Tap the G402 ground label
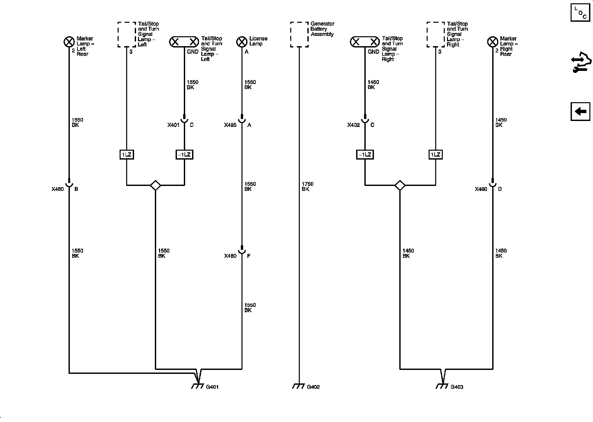(313, 387)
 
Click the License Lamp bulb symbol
(242, 42)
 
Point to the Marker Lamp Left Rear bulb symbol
(69, 42)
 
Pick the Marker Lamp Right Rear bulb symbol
(493, 42)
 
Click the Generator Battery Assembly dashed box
(299, 34)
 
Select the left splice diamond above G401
(155, 185)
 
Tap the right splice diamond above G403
(400, 185)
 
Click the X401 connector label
(173, 125)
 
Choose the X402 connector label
(353, 125)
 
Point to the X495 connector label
(230, 125)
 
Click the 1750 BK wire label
(307, 187)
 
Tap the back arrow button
(580, 111)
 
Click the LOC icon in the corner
(580, 13)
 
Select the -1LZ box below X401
(184, 154)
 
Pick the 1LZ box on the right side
(436, 154)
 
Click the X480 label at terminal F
(230, 256)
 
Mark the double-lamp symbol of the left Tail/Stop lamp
(184, 42)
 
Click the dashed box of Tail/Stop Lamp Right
(436, 34)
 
